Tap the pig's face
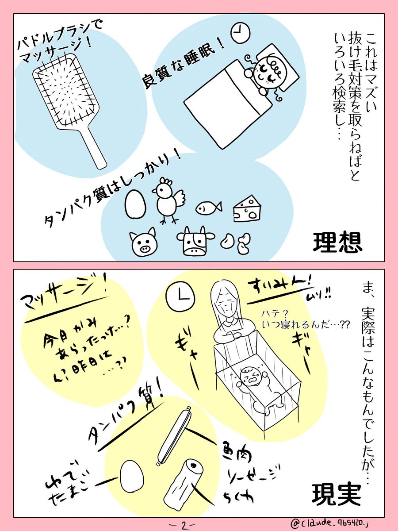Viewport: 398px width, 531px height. pos(143,241)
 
